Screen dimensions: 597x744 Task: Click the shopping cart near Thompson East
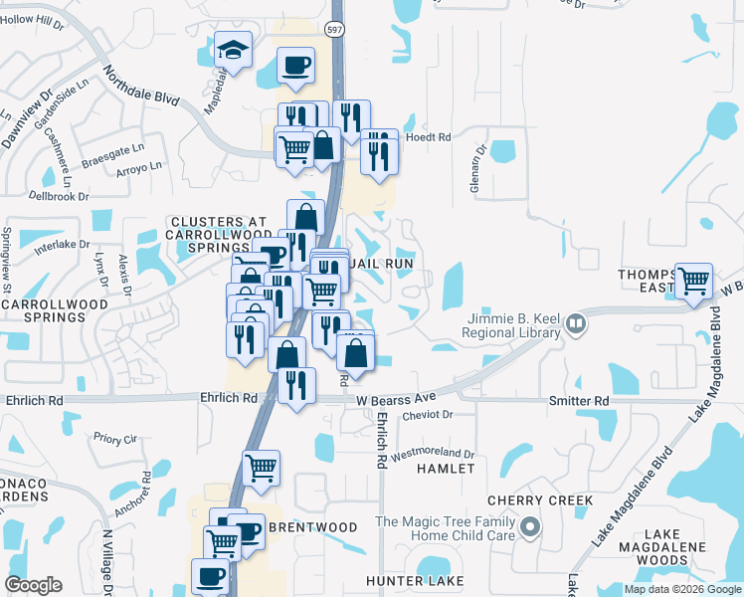[693, 280]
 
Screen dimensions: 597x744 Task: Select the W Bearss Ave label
[397, 398]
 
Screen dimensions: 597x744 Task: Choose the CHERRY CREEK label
[540, 500]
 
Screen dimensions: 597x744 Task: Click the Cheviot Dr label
[427, 415]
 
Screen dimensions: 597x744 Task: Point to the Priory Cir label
[114, 438]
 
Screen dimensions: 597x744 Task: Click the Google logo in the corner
[33, 585]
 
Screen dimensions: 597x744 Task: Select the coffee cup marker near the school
[295, 66]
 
